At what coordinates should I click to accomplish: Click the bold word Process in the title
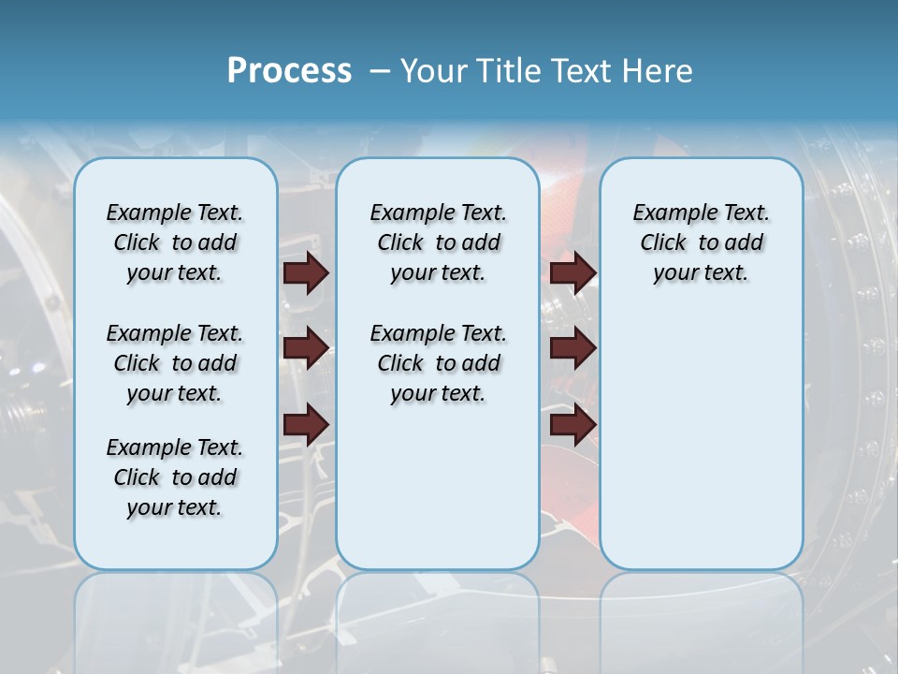click(x=289, y=71)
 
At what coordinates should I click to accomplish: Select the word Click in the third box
click(x=663, y=242)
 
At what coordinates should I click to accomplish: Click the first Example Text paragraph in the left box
click(x=175, y=242)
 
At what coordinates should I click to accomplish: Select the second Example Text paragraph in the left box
click(x=175, y=363)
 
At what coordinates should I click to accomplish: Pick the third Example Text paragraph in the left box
click(x=175, y=477)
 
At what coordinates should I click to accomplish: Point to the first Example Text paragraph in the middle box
click(x=438, y=242)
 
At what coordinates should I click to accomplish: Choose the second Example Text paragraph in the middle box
click(x=438, y=363)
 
